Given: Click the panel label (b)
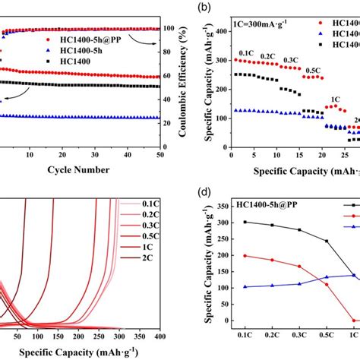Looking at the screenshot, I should click(x=204, y=9).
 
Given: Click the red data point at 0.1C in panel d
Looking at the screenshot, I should click(x=245, y=256).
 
